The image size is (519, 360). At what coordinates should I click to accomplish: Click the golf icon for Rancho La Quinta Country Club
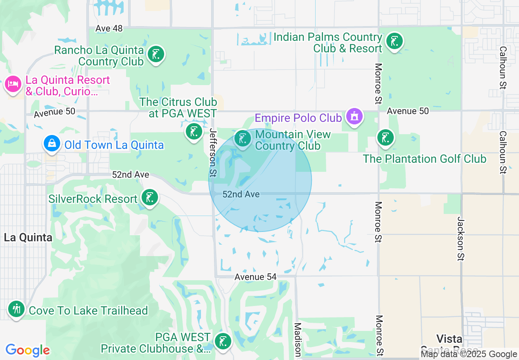tap(156, 54)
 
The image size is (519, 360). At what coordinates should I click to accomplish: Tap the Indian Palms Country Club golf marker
tap(394, 41)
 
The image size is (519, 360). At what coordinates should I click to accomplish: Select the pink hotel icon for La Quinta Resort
tap(13, 85)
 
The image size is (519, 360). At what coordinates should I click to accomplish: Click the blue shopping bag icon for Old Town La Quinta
tap(52, 144)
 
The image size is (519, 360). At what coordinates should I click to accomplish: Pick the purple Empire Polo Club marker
tap(354, 117)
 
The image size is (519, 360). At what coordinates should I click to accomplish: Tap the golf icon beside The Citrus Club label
tap(194, 132)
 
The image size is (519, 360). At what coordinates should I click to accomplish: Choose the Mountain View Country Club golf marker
tap(243, 139)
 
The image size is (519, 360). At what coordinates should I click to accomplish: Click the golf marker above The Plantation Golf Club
tap(385, 138)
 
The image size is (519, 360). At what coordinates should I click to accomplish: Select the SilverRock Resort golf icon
tap(149, 198)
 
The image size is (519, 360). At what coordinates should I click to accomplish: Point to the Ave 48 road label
tap(109, 28)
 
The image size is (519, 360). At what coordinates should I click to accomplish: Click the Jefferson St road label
tap(212, 153)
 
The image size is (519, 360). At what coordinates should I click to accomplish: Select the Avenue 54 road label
tap(255, 277)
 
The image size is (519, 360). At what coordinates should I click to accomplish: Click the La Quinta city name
tap(28, 237)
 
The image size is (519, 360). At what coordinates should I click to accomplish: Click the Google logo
tap(28, 350)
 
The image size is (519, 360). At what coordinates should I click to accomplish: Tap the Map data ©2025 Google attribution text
tap(469, 354)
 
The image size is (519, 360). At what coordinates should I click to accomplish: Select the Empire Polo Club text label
tap(298, 118)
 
